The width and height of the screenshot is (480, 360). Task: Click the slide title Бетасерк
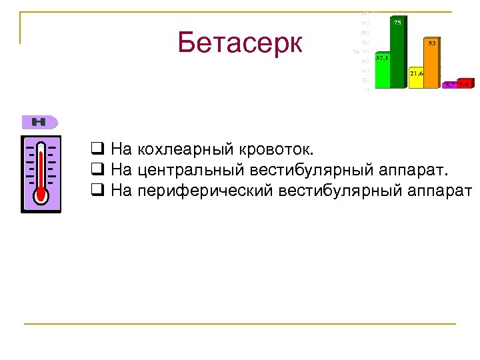[240, 43]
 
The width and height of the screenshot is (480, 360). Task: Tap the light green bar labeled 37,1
[382, 73]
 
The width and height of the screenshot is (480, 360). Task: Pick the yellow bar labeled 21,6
[416, 80]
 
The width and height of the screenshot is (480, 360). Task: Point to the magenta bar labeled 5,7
[450, 85]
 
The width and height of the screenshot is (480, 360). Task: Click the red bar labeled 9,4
[465, 84]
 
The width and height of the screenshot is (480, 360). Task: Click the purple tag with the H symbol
[40, 122]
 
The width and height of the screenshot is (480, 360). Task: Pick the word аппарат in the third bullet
[438, 191]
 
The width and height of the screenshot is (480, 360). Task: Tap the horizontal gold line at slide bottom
[240, 324]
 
